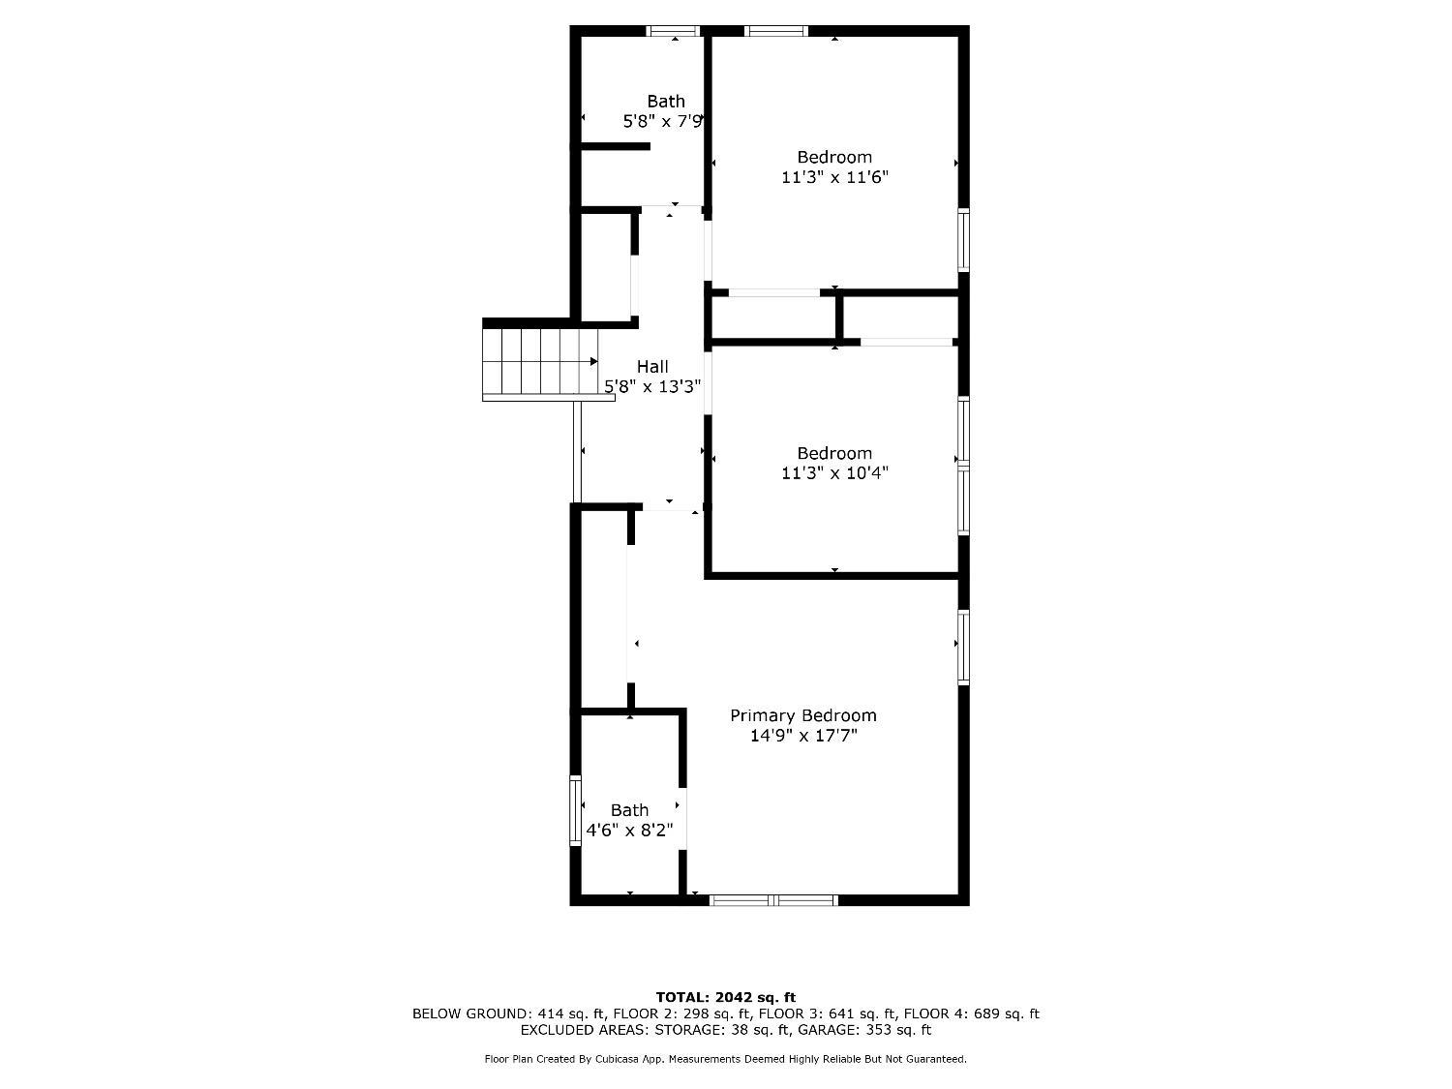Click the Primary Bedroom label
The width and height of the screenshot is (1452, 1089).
click(803, 715)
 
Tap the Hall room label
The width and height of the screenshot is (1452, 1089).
click(652, 366)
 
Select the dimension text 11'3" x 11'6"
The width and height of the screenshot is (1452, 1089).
click(834, 177)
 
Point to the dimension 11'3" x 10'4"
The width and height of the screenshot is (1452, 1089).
click(834, 472)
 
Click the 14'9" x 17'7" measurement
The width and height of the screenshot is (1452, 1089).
click(803, 736)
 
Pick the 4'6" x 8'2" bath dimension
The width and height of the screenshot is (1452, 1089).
click(630, 830)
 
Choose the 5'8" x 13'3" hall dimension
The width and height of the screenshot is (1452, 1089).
click(652, 386)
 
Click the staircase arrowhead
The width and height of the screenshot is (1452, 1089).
click(594, 362)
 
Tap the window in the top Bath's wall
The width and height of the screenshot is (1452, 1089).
click(673, 31)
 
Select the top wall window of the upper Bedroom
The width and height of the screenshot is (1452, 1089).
click(776, 31)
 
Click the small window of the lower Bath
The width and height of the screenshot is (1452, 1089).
click(576, 810)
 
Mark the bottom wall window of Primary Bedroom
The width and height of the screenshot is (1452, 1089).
click(774, 900)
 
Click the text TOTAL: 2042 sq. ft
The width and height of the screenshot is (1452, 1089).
click(726, 997)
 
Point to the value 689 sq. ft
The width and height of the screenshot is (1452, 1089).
click(1006, 1013)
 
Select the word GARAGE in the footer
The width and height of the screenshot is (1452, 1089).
click(823, 1030)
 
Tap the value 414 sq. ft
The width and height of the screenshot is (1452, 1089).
click(571, 1013)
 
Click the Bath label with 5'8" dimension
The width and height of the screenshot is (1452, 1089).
click(665, 102)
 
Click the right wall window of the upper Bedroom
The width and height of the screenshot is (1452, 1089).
click(964, 240)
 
